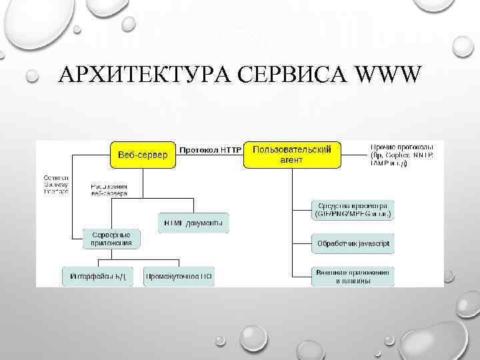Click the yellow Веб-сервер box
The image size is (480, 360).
[143, 155]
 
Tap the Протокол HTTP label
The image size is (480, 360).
[211, 149]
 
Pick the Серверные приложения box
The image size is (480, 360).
[111, 239]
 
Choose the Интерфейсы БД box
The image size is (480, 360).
[98, 275]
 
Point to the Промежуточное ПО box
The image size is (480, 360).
[179, 275]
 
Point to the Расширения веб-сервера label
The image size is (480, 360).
[109, 189]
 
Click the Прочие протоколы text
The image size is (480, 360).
[402, 154]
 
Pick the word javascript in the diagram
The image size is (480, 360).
[372, 243]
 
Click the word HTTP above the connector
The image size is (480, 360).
[229, 149]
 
